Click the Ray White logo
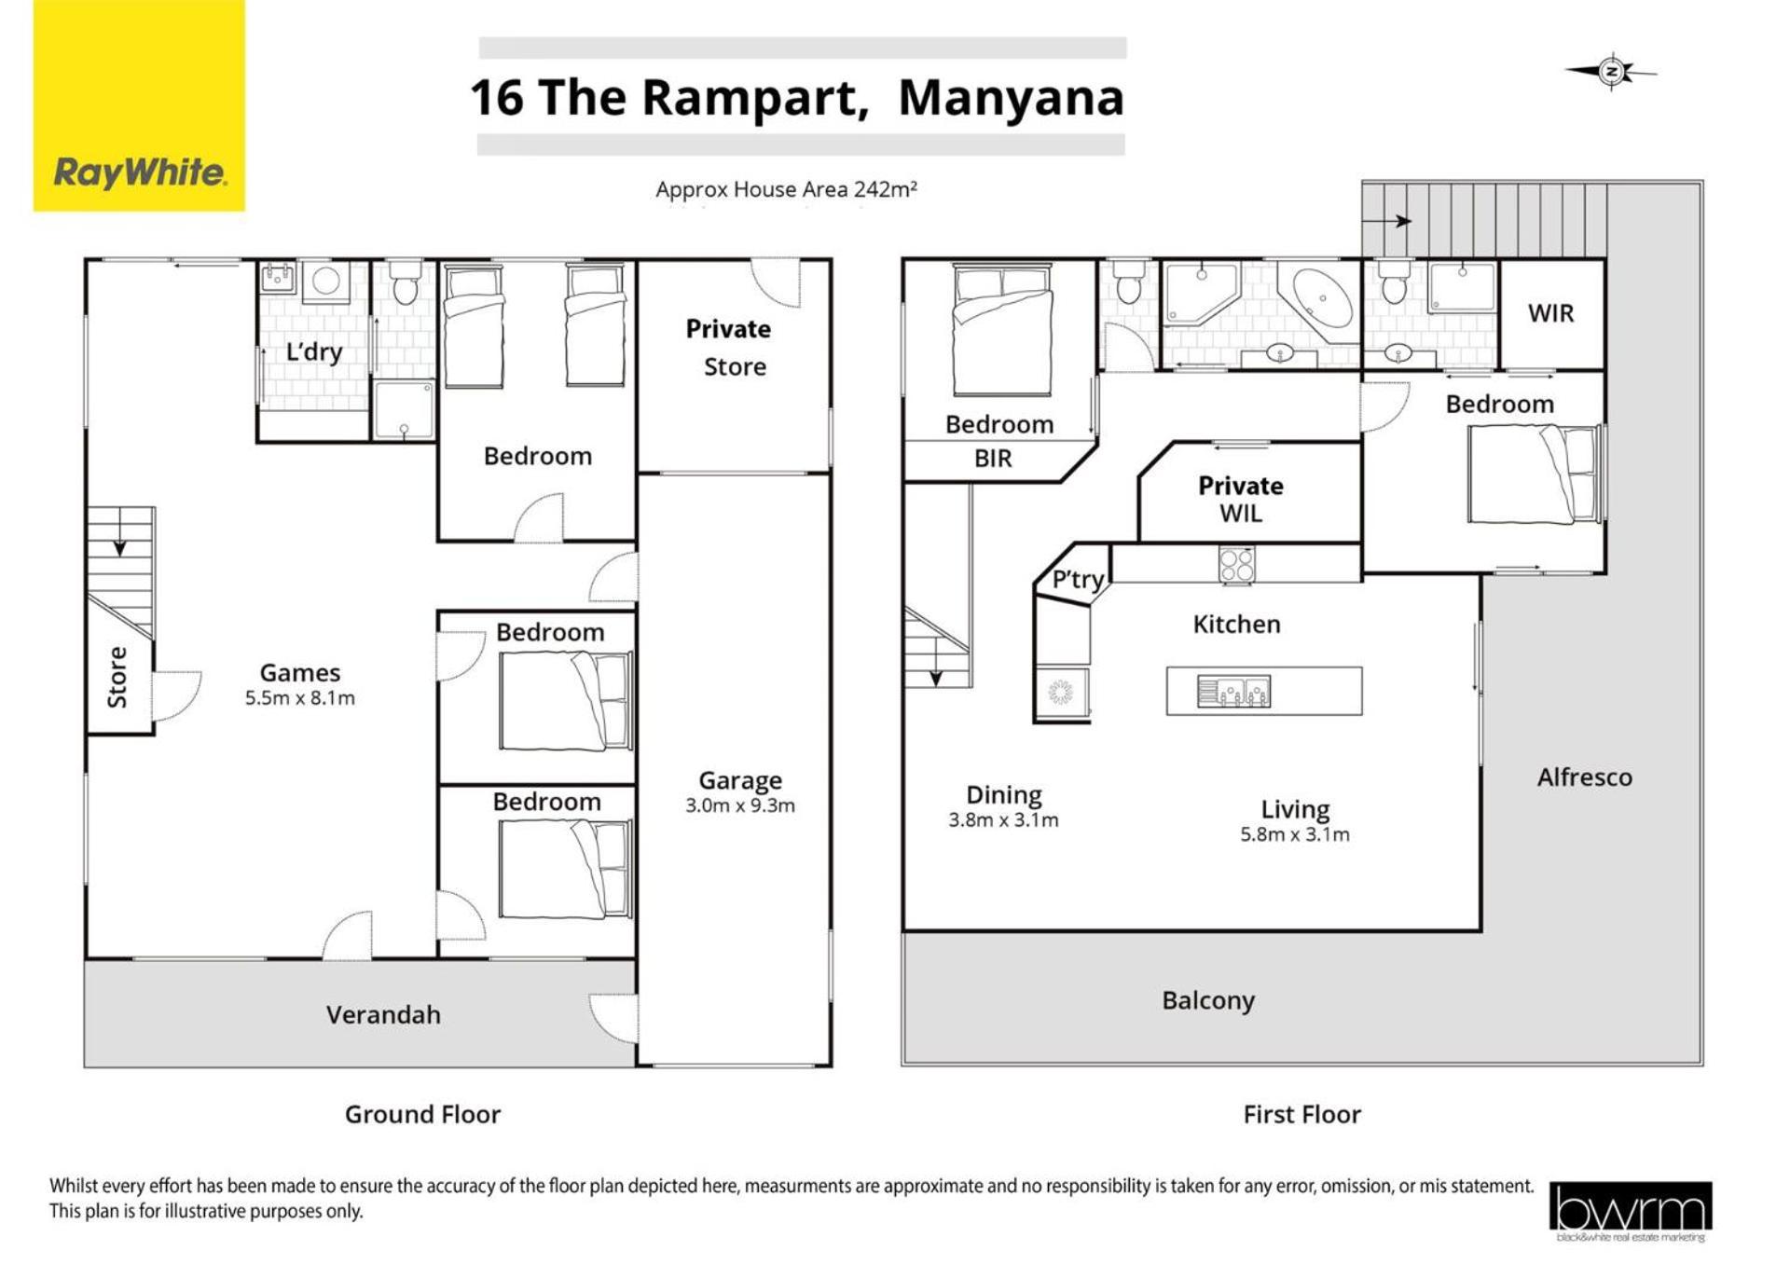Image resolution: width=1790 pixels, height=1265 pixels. (x=139, y=105)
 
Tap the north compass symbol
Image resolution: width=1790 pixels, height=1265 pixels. (x=1611, y=72)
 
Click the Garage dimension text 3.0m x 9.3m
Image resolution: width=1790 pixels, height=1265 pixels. (x=740, y=805)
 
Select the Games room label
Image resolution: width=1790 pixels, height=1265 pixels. (x=300, y=672)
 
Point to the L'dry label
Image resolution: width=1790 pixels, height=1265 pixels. (x=314, y=351)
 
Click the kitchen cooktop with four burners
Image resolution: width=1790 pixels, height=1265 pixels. (x=1237, y=565)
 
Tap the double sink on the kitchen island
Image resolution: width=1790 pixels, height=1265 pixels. (x=1233, y=692)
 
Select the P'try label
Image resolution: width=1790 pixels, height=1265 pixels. (x=1078, y=580)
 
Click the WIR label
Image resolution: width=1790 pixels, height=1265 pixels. (x=1550, y=313)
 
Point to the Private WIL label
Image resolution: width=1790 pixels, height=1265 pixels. (x=1241, y=499)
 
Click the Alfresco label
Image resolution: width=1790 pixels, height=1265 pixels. (x=1585, y=777)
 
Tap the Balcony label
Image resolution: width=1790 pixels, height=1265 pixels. (x=1208, y=1000)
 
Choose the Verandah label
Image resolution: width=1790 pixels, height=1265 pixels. (x=383, y=1014)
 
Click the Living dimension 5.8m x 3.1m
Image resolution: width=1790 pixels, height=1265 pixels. (x=1295, y=834)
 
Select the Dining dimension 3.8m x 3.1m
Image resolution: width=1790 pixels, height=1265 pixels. (x=1003, y=820)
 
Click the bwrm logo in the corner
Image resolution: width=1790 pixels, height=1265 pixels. (x=1631, y=1211)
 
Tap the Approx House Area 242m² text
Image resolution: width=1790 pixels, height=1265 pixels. (x=786, y=189)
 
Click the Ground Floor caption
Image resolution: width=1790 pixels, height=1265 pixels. (x=422, y=1114)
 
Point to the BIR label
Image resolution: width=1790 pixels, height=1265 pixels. (x=993, y=459)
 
